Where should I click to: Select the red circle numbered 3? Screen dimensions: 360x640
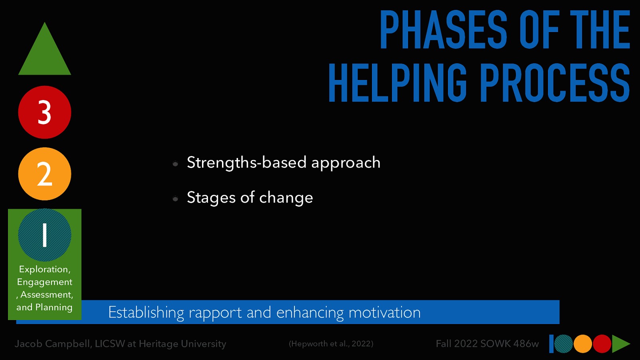click(x=44, y=112)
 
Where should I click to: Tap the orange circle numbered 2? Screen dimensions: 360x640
click(x=44, y=174)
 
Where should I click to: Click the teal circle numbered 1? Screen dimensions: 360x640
click(x=44, y=235)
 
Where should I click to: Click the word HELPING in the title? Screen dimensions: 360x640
click(x=398, y=83)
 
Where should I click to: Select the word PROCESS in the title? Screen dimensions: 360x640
click(x=555, y=83)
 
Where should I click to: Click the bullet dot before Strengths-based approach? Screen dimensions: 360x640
click(x=175, y=164)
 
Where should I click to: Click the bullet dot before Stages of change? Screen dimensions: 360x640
click(x=175, y=199)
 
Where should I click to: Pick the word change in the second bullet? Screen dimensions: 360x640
click(x=286, y=198)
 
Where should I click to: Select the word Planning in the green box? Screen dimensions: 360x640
click(x=54, y=307)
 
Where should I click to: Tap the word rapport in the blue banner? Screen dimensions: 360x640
click(x=215, y=313)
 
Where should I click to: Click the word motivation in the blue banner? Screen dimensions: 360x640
click(x=384, y=312)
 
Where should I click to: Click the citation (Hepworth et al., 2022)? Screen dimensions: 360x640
click(x=331, y=344)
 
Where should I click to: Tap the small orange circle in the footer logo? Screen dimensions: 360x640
click(x=583, y=344)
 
